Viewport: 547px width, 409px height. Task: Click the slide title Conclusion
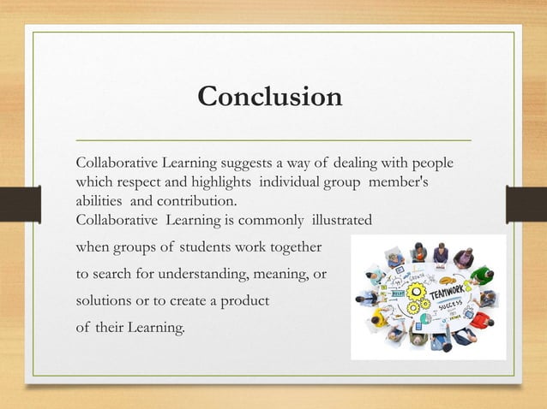[x=270, y=97]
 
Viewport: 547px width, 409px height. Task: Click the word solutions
[x=104, y=303]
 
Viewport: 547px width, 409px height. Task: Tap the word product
[x=244, y=303]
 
